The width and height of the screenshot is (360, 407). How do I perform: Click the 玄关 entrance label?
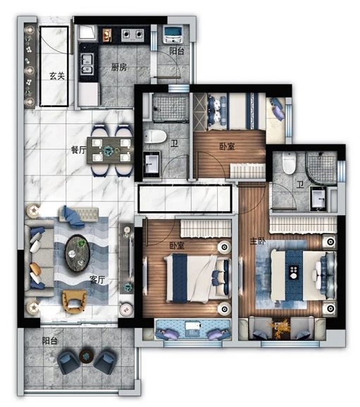point(57,76)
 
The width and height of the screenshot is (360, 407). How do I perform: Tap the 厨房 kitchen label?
point(119,67)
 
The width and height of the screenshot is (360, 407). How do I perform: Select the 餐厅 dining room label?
point(78,150)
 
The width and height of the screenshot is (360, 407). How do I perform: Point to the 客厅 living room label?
point(97,280)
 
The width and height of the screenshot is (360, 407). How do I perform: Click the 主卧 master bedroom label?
point(257,241)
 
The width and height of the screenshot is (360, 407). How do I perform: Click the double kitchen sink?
point(87,63)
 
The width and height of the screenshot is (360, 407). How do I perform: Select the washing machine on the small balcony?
point(174,35)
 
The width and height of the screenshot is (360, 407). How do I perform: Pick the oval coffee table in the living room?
point(77,253)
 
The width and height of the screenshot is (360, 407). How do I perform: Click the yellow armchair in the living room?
point(74,301)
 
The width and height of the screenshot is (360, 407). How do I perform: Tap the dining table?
point(110,150)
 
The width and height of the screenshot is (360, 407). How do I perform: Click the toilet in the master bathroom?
point(290,163)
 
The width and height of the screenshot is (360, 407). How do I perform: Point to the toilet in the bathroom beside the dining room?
point(155,137)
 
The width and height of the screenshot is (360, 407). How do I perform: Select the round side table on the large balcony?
point(86,356)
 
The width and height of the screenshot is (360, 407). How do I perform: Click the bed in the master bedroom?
point(303,275)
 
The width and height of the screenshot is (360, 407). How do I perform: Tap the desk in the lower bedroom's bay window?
point(192,329)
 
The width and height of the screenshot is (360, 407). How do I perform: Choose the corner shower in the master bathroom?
point(321,167)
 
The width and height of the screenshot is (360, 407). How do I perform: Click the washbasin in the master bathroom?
point(318,198)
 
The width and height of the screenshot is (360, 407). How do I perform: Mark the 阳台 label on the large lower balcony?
point(50,341)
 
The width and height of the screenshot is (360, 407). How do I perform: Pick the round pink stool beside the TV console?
point(126,309)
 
